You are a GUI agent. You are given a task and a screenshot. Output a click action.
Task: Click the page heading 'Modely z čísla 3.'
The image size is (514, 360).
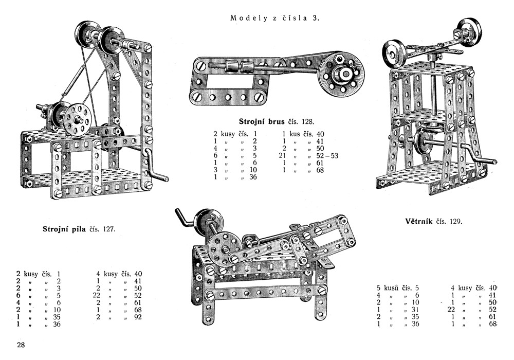click(x=275, y=18)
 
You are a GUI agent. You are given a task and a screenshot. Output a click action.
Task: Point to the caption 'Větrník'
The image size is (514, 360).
click(x=416, y=222)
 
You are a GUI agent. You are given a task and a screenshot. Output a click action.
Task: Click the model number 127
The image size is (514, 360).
click(x=108, y=229)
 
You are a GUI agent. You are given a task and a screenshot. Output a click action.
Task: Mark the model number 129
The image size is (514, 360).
click(x=455, y=222)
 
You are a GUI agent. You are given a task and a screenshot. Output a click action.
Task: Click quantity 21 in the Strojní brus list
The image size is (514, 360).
click(x=282, y=156)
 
